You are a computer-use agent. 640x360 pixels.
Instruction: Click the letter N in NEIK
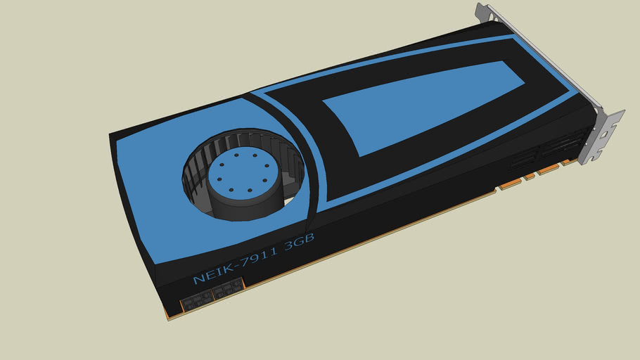click(x=198, y=278)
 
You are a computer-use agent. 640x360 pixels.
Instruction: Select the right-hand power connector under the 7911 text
click(x=228, y=289)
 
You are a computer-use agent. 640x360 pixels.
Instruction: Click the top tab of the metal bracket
click(x=485, y=11)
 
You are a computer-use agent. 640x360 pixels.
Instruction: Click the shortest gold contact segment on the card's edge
click(x=530, y=176)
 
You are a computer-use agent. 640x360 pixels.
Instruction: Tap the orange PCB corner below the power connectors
click(x=168, y=316)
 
